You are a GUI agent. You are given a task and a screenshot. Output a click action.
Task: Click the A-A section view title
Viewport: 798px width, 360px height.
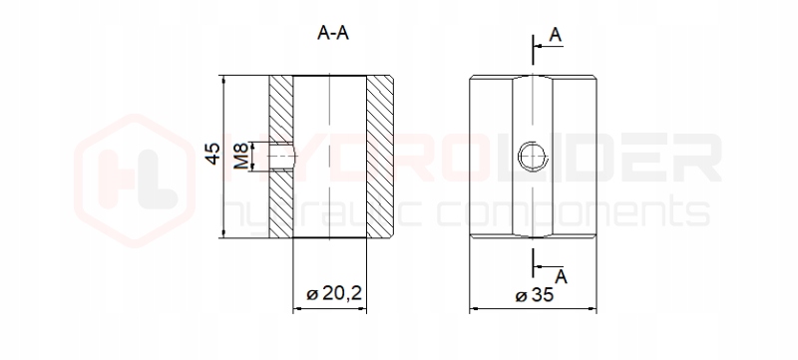pyautogui.click(x=333, y=33)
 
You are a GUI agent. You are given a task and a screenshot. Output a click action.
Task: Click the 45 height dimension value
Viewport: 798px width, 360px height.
pyautogui.click(x=213, y=153)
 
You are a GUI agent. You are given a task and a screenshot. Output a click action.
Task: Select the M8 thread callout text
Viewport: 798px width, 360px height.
pyautogui.click(x=241, y=157)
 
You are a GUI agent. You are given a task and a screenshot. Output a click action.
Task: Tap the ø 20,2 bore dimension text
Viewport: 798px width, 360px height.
pyautogui.click(x=334, y=293)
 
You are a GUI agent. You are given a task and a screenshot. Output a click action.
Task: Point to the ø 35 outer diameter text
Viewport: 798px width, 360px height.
pyautogui.click(x=535, y=295)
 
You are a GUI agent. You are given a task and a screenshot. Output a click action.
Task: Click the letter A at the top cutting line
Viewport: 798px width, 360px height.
pyautogui.click(x=556, y=35)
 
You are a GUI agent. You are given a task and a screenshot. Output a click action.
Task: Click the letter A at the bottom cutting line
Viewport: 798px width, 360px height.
pyautogui.click(x=561, y=277)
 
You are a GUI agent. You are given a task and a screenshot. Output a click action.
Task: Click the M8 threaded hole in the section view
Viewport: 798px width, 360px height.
pyautogui.click(x=282, y=157)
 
